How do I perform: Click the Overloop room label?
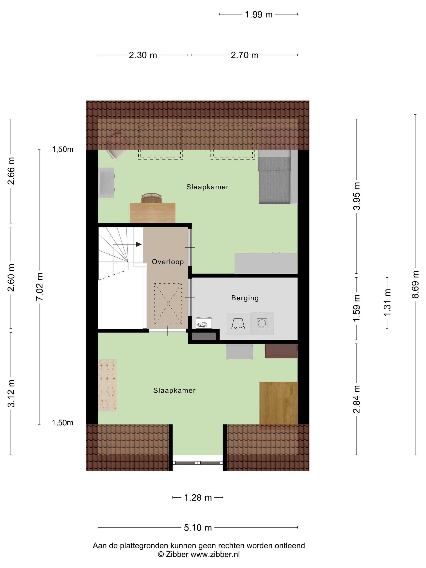(168, 262)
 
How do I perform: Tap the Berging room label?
(245, 298)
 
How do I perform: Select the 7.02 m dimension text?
(40, 287)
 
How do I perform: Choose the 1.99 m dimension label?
(259, 15)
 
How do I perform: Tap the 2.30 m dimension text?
(143, 55)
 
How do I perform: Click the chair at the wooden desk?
(152, 198)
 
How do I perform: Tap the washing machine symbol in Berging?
(262, 323)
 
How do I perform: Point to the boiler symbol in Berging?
(204, 323)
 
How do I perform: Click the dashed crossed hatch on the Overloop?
(168, 303)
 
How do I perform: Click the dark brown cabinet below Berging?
(281, 351)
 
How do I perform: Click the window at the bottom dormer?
(197, 463)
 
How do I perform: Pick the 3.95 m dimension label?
(356, 196)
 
